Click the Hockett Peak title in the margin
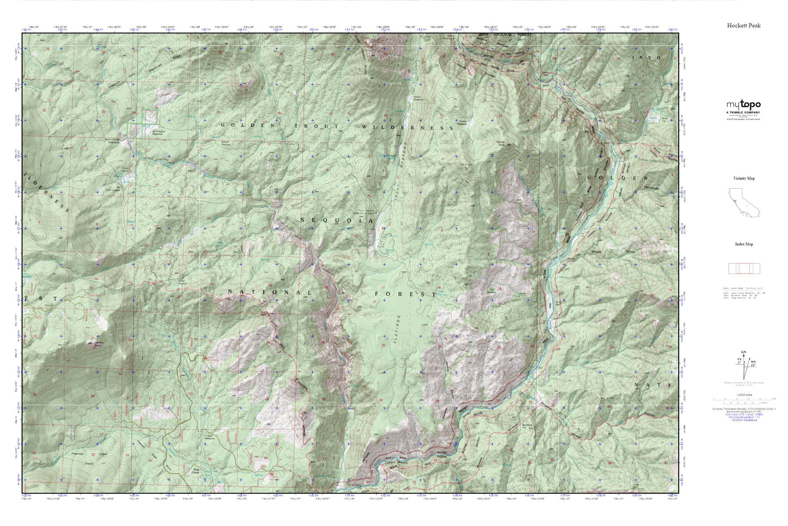[743, 25]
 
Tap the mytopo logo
[743, 105]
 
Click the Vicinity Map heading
[743, 178]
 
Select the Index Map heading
[743, 244]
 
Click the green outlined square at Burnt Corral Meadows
[151, 115]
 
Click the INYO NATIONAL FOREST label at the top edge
[504, 35]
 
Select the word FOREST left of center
[406, 295]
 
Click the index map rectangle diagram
[743, 268]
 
